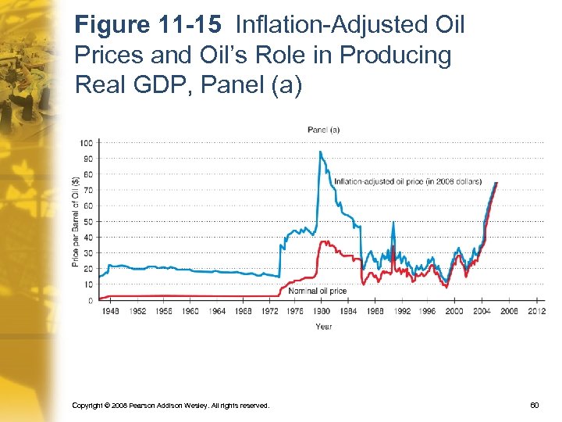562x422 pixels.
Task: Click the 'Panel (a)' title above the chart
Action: (323, 129)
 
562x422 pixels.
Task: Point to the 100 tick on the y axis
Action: (86, 142)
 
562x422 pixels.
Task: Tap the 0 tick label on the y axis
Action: (91, 300)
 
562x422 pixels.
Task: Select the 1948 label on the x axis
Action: (111, 311)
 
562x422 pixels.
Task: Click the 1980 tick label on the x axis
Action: (323, 311)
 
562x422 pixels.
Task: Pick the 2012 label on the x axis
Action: (536, 311)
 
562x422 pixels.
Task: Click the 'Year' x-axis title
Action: (323, 326)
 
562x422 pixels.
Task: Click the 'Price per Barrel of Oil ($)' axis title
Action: (76, 221)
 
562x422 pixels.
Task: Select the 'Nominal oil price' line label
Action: (317, 291)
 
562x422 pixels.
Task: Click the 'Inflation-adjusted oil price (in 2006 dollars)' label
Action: (407, 181)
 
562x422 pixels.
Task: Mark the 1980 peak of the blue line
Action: (320, 152)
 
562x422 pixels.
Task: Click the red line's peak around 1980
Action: (323, 241)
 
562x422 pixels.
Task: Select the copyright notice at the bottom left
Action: (170, 406)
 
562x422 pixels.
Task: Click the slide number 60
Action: (534, 406)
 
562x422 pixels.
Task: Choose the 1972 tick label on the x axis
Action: (270, 311)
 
